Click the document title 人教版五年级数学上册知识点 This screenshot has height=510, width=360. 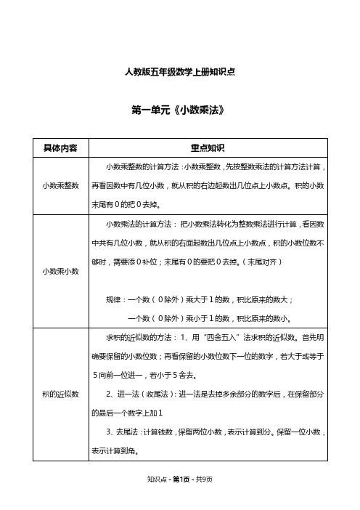(179, 72)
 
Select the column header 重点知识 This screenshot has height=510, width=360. (208, 147)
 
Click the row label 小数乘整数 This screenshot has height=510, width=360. (62, 185)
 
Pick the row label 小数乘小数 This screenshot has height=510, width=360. (62, 270)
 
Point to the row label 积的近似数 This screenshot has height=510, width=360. (62, 393)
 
